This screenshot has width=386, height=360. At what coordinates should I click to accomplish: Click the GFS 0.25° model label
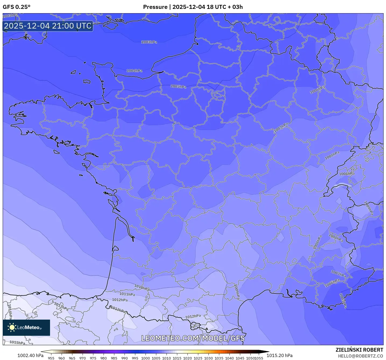(x=16, y=7)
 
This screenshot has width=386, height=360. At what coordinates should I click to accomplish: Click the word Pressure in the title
(x=155, y=7)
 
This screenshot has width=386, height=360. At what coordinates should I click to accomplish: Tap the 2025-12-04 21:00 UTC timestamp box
(x=48, y=26)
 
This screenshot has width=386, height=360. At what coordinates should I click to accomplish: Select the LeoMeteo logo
(x=26, y=327)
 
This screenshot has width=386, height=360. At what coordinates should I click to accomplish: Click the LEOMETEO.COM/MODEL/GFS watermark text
(x=193, y=338)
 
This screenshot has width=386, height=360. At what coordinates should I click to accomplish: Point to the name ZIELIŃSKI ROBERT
(x=359, y=350)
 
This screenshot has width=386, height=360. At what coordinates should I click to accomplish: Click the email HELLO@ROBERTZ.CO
(x=360, y=356)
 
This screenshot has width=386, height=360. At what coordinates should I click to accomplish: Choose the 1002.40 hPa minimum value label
(x=30, y=355)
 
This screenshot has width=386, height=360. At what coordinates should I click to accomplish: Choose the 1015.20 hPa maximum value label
(x=279, y=355)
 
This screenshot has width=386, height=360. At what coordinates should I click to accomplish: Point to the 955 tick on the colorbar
(x=51, y=358)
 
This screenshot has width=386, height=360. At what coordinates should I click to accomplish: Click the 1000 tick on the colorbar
(x=146, y=358)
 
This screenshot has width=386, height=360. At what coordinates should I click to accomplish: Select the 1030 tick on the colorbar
(x=208, y=358)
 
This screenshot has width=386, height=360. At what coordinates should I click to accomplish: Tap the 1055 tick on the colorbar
(x=259, y=358)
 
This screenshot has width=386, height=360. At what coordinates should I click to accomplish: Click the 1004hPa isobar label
(x=134, y=71)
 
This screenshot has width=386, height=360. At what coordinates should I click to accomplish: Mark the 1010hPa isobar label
(x=142, y=288)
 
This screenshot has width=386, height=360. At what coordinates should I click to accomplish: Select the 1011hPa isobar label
(x=127, y=294)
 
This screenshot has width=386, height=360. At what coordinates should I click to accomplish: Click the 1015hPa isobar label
(x=17, y=342)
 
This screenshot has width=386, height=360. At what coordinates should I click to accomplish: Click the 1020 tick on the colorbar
(x=187, y=358)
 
